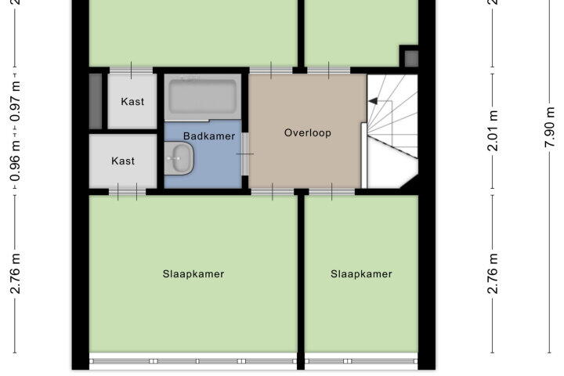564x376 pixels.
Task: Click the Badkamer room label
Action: tap(209, 136)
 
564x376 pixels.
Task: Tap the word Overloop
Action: tap(308, 133)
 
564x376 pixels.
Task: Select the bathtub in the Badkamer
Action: tap(203, 96)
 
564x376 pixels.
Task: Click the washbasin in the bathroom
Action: tap(179, 158)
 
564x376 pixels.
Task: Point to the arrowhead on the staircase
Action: tap(373, 101)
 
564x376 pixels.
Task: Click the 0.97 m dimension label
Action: tap(15, 102)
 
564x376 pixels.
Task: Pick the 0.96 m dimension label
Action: tap(15, 161)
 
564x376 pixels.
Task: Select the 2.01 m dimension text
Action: tap(493, 131)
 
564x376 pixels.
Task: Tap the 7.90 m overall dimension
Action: tap(550, 128)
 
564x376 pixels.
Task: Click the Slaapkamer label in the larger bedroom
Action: tap(193, 274)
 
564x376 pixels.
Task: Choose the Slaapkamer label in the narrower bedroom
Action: tap(361, 274)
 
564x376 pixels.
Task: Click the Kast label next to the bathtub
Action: tap(132, 102)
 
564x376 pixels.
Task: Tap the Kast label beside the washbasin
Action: tap(123, 161)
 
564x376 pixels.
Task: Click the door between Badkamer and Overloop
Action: tap(245, 154)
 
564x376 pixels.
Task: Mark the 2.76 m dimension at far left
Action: tap(15, 274)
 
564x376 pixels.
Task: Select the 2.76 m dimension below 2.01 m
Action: tap(493, 274)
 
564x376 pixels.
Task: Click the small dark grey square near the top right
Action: tap(411, 59)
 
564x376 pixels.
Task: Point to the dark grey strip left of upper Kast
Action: tap(96, 101)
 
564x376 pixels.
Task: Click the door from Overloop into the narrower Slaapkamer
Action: tap(331, 192)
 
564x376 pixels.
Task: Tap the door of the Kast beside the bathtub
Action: tap(131, 70)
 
